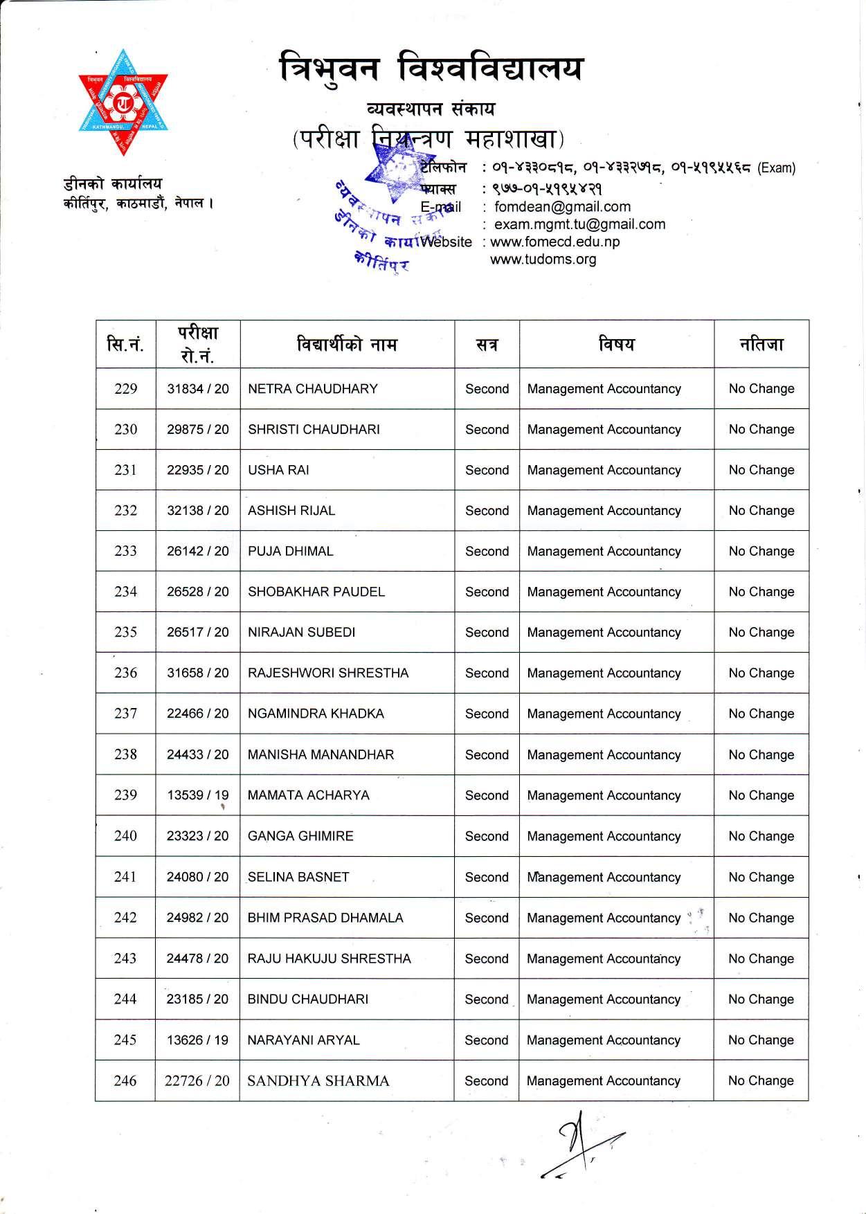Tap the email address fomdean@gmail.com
(562, 207)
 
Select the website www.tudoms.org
(543, 260)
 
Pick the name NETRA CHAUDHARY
(312, 389)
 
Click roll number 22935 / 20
(197, 470)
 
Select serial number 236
(125, 673)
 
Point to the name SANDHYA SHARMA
(318, 1081)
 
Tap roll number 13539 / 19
(197, 795)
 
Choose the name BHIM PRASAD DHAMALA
(325, 918)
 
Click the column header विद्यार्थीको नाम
(347, 344)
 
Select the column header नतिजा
(761, 344)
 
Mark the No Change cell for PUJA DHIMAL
(761, 552)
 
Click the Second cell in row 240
(487, 836)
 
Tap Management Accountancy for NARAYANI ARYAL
(604, 1040)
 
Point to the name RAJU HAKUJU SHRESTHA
(329, 959)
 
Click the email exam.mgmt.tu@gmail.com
(579, 224)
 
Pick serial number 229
(125, 389)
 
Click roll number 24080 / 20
(197, 877)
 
